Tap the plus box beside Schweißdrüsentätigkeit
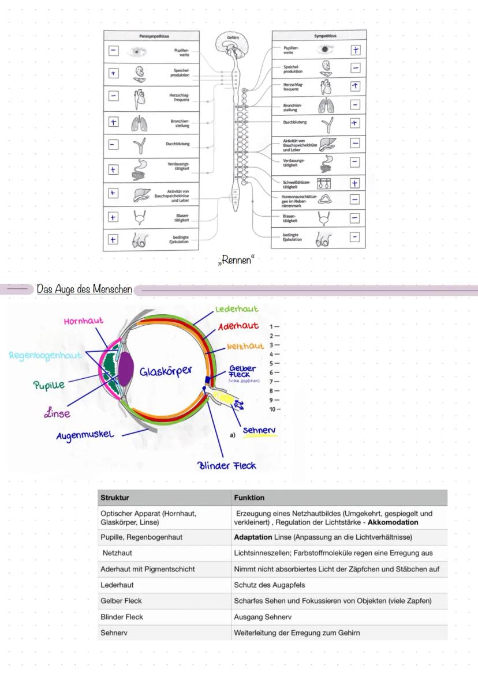pyautogui.click(x=355, y=183)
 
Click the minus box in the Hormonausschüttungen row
pyautogui.click(x=355, y=199)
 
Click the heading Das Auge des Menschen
pyautogui.click(x=84, y=288)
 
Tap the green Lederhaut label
pyautogui.click(x=237, y=310)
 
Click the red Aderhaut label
pyautogui.click(x=238, y=328)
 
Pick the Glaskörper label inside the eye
pyautogui.click(x=165, y=371)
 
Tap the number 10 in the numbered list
pyautogui.click(x=272, y=409)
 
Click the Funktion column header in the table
pyautogui.click(x=249, y=498)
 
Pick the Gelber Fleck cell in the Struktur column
pyautogui.click(x=121, y=601)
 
